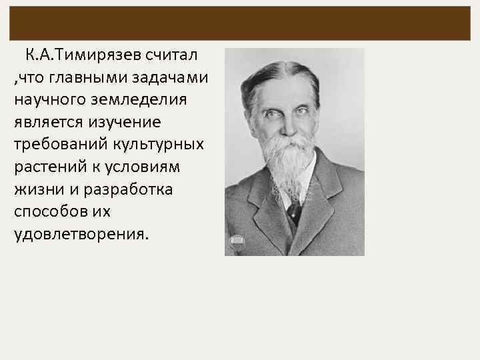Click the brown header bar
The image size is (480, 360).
[x=240, y=23]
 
